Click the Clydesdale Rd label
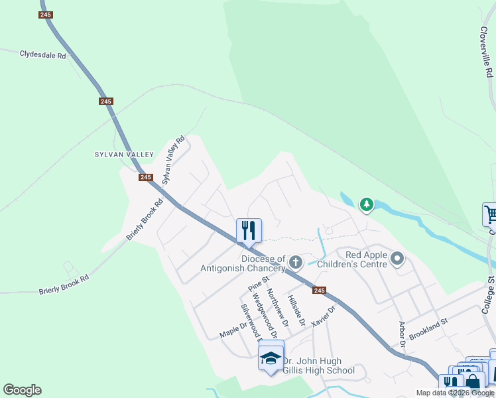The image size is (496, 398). point(43,55)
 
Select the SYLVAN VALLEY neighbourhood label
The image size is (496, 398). point(124,155)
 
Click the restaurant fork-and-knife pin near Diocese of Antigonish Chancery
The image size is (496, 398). point(249,230)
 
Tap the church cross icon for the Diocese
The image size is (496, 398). point(295,263)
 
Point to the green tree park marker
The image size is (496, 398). point(366,205)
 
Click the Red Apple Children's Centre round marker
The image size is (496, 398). point(397,258)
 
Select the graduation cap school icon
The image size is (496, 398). point(271,359)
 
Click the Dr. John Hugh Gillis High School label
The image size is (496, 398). point(318,366)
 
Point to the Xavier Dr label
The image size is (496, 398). point(324,313)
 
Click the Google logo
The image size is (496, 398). point(22,390)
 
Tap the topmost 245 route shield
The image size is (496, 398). point(45,15)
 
